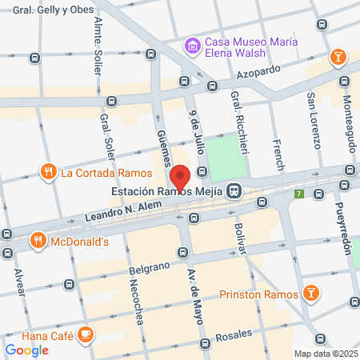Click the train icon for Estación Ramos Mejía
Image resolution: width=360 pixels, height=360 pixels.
point(234,190)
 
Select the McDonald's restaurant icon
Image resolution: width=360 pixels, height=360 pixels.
point(37,240)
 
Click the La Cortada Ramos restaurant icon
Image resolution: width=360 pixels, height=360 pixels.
point(48,171)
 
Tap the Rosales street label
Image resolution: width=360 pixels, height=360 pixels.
point(234,334)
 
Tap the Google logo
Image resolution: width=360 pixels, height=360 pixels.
point(27,350)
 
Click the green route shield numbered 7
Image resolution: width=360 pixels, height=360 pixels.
point(298,194)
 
